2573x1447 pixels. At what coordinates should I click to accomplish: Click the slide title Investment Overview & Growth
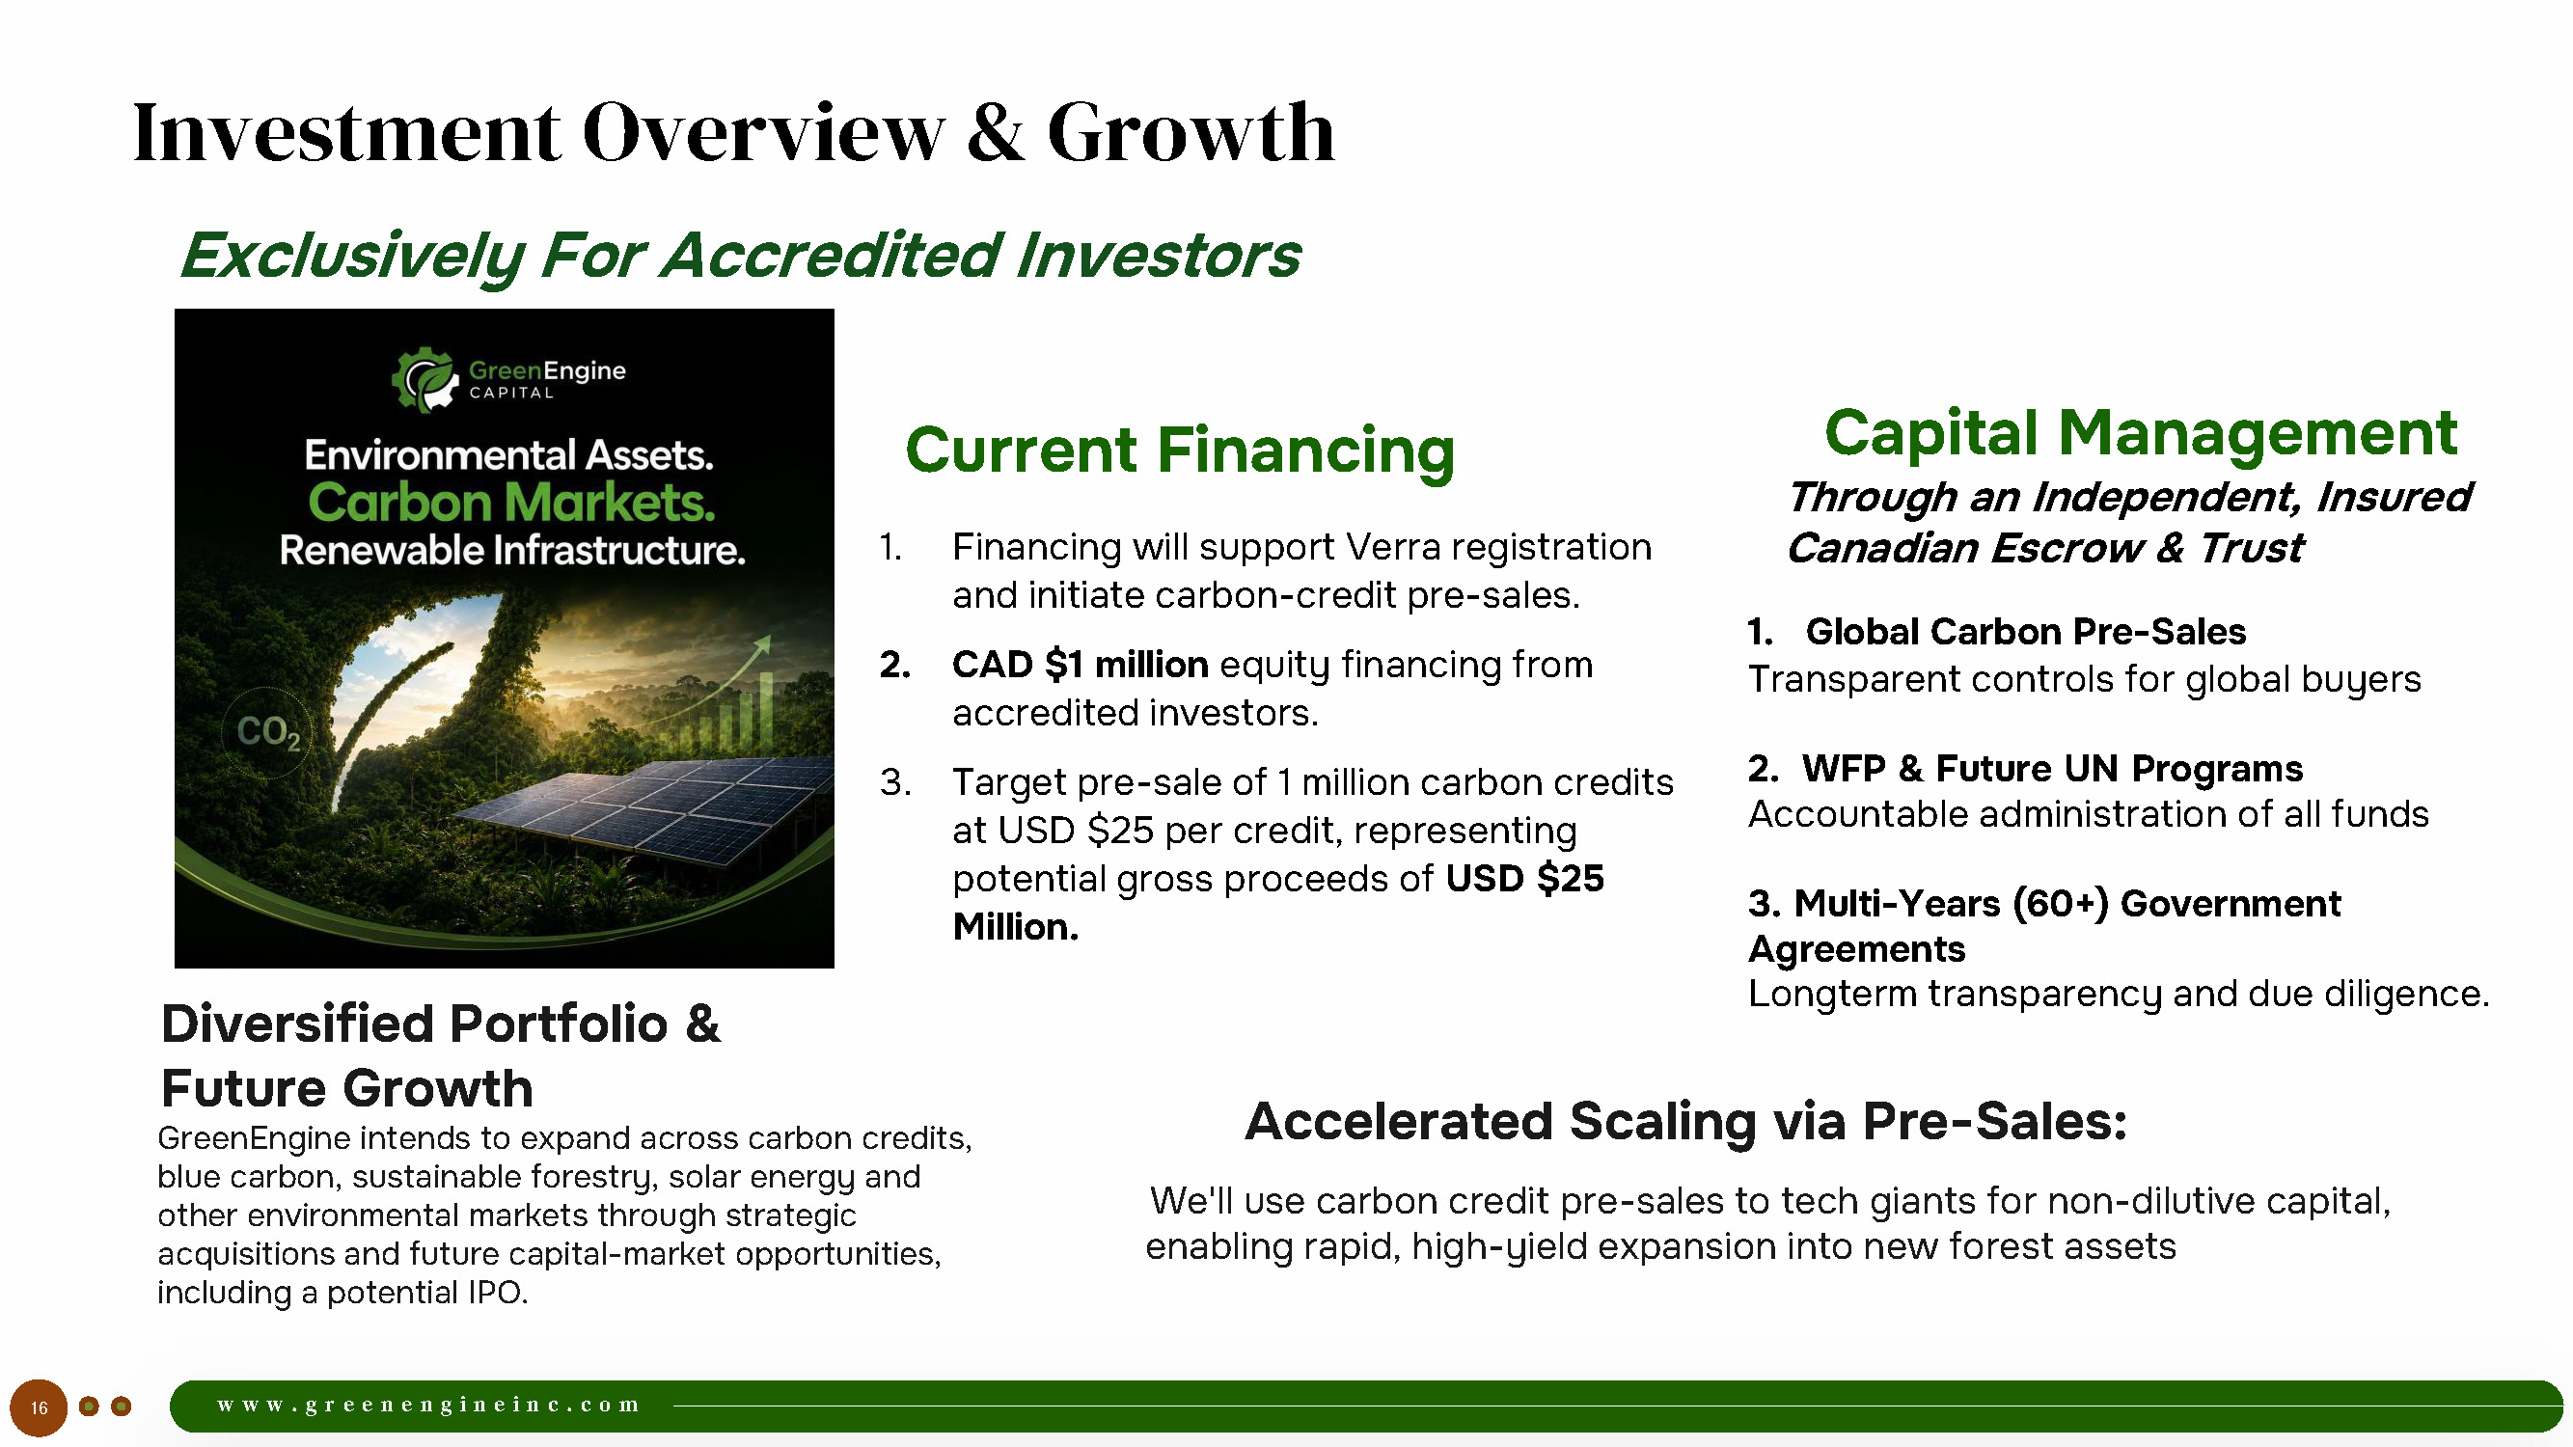(x=733, y=132)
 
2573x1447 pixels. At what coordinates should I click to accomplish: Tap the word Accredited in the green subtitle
(x=832, y=255)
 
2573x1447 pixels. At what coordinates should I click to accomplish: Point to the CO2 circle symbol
(x=266, y=732)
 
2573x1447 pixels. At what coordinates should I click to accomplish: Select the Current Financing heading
(x=1180, y=450)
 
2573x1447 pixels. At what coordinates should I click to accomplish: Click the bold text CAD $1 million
(x=1080, y=664)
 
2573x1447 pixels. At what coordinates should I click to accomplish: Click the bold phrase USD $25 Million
(x=1278, y=903)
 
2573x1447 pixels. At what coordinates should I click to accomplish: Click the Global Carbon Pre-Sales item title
(x=2026, y=631)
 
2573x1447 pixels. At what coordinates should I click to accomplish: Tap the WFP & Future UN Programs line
(x=2026, y=768)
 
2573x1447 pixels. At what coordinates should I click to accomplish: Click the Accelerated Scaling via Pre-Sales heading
(x=1686, y=1120)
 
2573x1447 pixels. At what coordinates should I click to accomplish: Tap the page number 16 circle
(x=39, y=1408)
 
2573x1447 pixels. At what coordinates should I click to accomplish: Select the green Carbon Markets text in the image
(x=511, y=503)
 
